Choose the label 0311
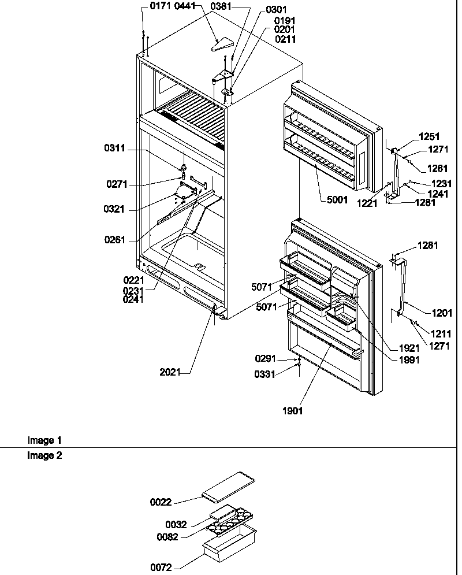tap(114, 149)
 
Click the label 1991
tap(408, 359)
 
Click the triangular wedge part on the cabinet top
tap(222, 44)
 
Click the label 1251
tap(430, 137)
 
